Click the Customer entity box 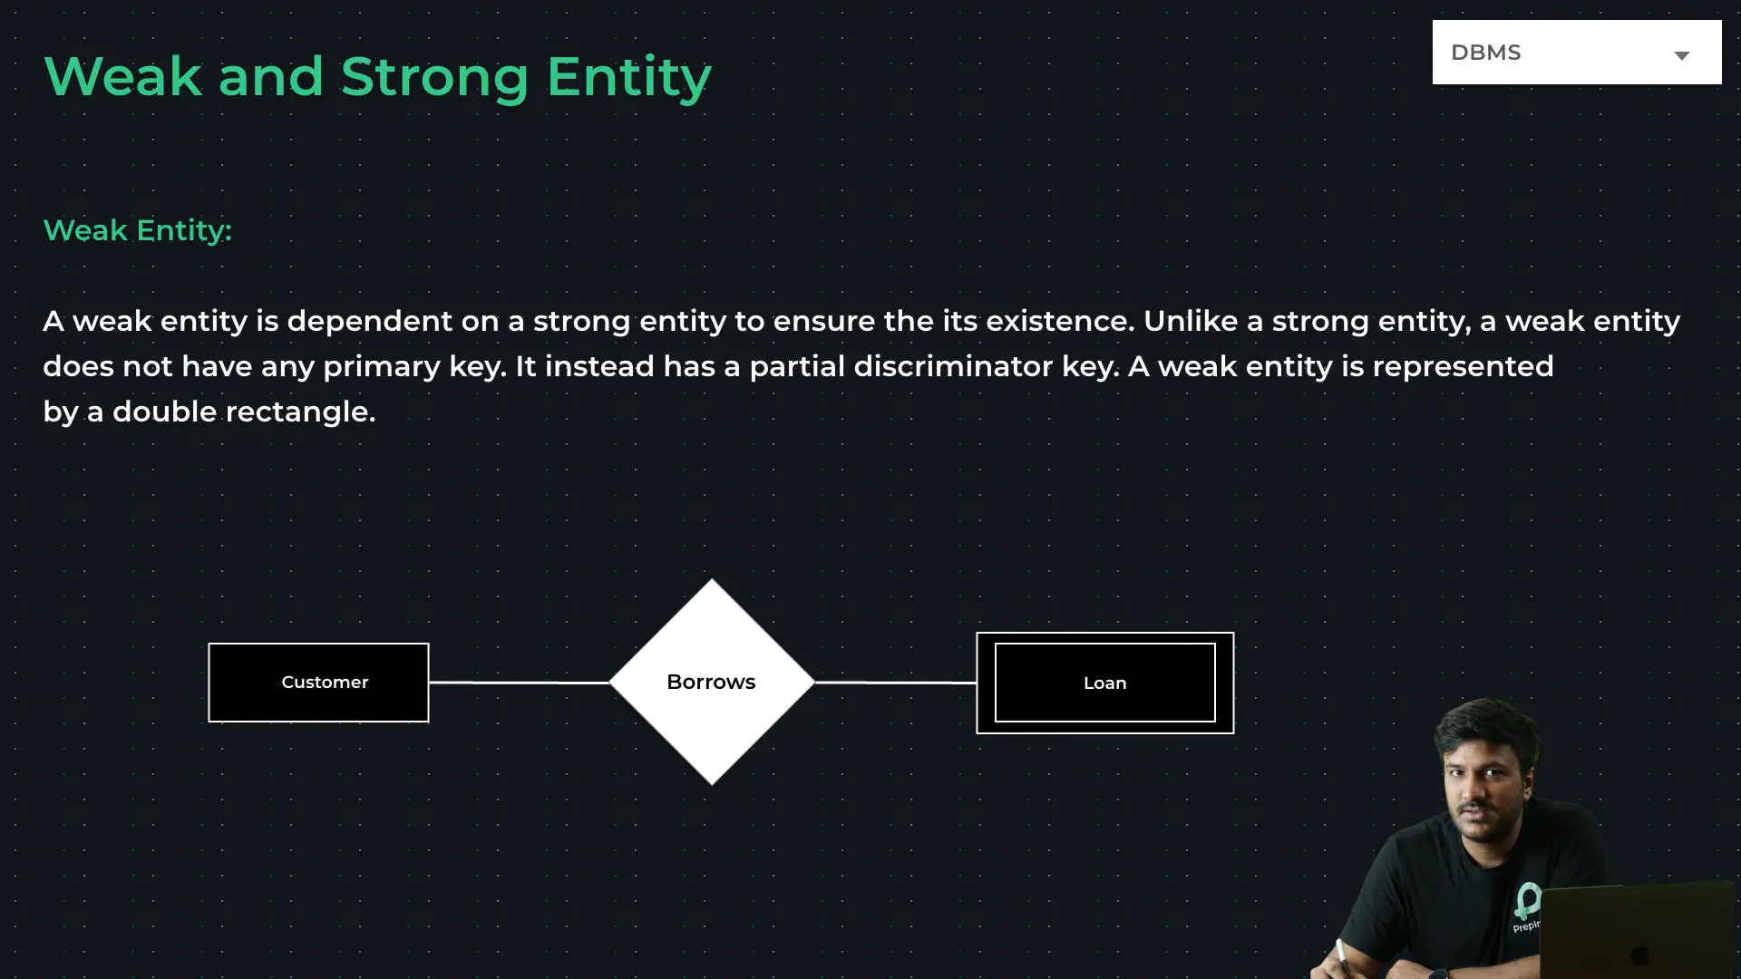[318, 683]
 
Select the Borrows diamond [712, 682]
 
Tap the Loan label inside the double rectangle [1104, 683]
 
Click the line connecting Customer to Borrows [519, 683]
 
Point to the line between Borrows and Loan [896, 683]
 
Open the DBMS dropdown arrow [1682, 55]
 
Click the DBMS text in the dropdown [1485, 53]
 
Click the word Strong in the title [434, 77]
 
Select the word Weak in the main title [122, 76]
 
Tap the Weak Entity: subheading [138, 231]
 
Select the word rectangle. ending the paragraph [300, 412]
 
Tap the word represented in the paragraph [1463, 367]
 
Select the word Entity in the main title [628, 78]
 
